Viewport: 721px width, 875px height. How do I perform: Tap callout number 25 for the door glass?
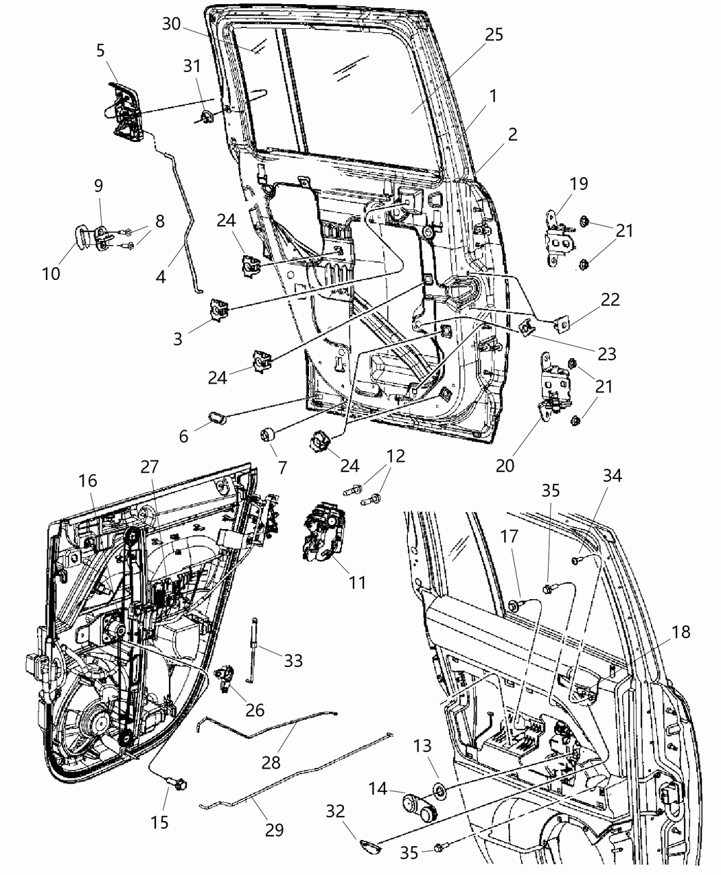(494, 34)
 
